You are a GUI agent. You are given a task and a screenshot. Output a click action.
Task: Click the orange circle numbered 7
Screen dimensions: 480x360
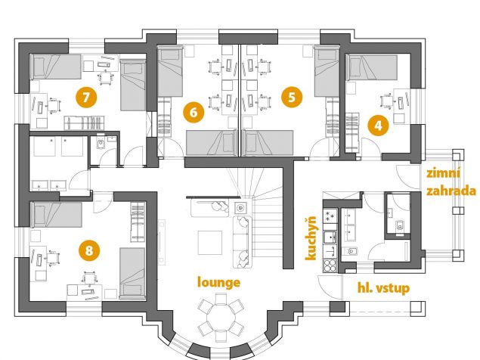pos(86,97)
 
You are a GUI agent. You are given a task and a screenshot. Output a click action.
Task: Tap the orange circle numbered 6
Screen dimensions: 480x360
pos(194,113)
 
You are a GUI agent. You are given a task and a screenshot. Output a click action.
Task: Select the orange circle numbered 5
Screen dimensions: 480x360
pos(292,97)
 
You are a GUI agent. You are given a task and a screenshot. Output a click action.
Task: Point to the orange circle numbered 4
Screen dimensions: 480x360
pos(379,126)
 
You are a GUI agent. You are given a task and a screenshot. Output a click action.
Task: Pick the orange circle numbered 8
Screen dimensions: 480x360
pos(88,250)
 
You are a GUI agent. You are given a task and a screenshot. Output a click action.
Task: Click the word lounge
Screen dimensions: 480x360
pos(219,283)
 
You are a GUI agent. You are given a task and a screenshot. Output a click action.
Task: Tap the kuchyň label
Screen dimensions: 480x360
pos(311,238)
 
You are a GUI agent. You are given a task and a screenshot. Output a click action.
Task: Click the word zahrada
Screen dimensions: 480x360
pos(451,191)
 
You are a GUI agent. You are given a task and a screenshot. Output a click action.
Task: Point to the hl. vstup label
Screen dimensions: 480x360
pos(383,288)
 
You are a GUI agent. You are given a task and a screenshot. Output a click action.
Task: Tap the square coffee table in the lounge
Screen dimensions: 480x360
pos(210,243)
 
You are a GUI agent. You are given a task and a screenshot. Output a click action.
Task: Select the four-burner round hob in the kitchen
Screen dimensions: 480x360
pos(330,265)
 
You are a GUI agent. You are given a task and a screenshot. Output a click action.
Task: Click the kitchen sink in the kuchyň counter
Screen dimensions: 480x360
pos(330,237)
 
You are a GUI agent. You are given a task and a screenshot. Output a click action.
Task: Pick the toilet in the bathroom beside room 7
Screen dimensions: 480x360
pos(101,144)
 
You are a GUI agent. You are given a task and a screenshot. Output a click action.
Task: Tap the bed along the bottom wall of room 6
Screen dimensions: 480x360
pos(212,143)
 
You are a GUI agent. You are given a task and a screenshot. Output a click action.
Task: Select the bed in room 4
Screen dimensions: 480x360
pos(372,67)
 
